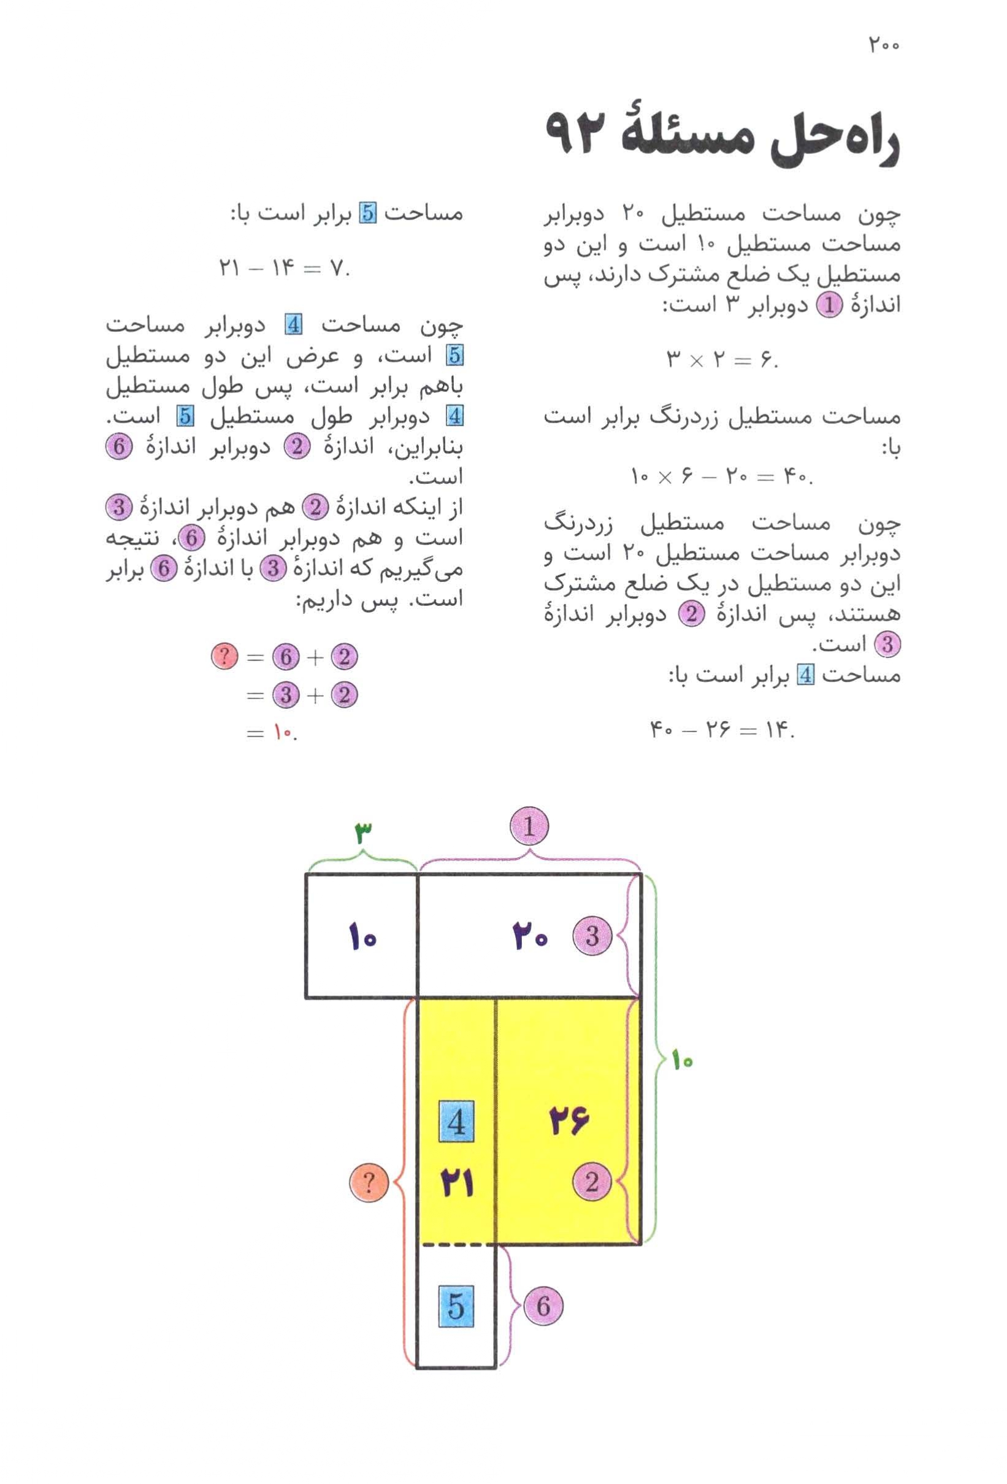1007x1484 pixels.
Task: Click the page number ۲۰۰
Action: point(883,46)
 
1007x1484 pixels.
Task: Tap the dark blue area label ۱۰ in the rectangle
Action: point(362,938)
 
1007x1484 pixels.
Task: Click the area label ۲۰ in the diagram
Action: point(530,938)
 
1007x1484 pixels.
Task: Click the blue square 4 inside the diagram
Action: point(456,1122)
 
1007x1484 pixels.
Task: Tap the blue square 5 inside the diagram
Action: point(456,1305)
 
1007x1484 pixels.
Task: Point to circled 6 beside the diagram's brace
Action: point(543,1305)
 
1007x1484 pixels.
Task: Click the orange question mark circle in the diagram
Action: point(369,1182)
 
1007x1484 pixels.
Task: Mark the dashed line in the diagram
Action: point(456,1244)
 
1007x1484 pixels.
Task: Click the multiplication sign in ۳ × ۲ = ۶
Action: point(696,361)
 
